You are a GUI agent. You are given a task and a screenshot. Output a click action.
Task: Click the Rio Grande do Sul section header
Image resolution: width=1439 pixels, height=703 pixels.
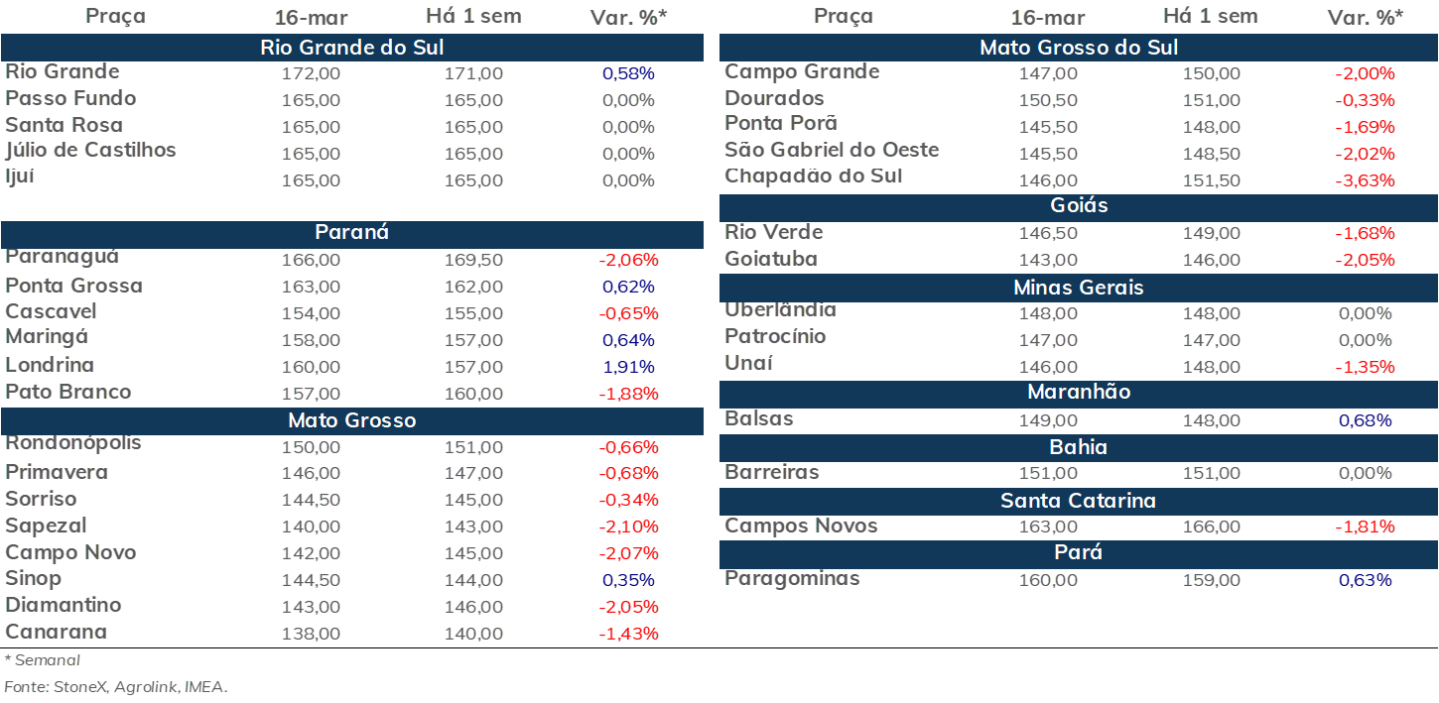(x=352, y=48)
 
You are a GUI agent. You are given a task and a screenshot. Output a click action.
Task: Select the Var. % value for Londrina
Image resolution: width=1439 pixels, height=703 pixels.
(x=628, y=367)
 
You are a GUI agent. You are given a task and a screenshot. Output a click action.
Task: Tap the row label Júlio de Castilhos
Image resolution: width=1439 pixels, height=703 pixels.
(x=90, y=151)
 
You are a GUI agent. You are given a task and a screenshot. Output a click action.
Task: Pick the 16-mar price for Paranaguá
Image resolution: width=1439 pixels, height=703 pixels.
(x=311, y=260)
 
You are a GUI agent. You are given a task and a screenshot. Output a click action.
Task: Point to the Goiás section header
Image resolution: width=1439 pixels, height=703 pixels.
(x=1079, y=205)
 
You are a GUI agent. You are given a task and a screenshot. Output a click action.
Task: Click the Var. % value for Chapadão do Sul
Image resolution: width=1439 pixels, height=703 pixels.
(x=1366, y=180)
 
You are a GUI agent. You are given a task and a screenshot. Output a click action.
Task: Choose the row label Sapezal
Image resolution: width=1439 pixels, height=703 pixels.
(x=46, y=526)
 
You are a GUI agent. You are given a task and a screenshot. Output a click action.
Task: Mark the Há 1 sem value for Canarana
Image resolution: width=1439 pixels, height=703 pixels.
(x=473, y=634)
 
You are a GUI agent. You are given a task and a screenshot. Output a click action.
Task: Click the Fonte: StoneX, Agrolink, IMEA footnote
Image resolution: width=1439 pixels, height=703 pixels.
(x=116, y=687)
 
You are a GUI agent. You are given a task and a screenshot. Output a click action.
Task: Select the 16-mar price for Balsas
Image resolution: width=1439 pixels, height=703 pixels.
(x=1048, y=420)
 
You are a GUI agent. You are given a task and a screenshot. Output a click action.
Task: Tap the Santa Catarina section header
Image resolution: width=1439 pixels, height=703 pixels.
(x=1079, y=501)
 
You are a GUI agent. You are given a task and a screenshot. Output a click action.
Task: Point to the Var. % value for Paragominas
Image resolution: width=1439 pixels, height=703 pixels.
(x=1366, y=580)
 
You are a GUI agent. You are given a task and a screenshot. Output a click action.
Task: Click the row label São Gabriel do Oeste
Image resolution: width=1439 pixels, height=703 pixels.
(x=832, y=150)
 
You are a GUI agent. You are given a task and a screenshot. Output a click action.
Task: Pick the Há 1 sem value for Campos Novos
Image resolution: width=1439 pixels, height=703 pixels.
(x=1212, y=527)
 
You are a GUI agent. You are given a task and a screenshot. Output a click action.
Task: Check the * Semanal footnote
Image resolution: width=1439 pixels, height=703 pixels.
(x=43, y=660)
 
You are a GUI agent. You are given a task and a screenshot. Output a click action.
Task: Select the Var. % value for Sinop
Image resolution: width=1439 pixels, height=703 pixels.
(x=628, y=580)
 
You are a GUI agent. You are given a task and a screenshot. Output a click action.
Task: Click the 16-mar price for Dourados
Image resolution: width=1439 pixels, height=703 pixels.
(x=1048, y=100)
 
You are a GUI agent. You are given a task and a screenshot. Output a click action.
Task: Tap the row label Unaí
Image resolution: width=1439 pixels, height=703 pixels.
(x=748, y=363)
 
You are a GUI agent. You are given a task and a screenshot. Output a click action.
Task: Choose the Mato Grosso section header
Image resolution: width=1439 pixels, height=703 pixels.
(x=352, y=420)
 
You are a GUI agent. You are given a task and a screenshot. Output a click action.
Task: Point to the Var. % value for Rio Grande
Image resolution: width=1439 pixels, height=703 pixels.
(x=628, y=73)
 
